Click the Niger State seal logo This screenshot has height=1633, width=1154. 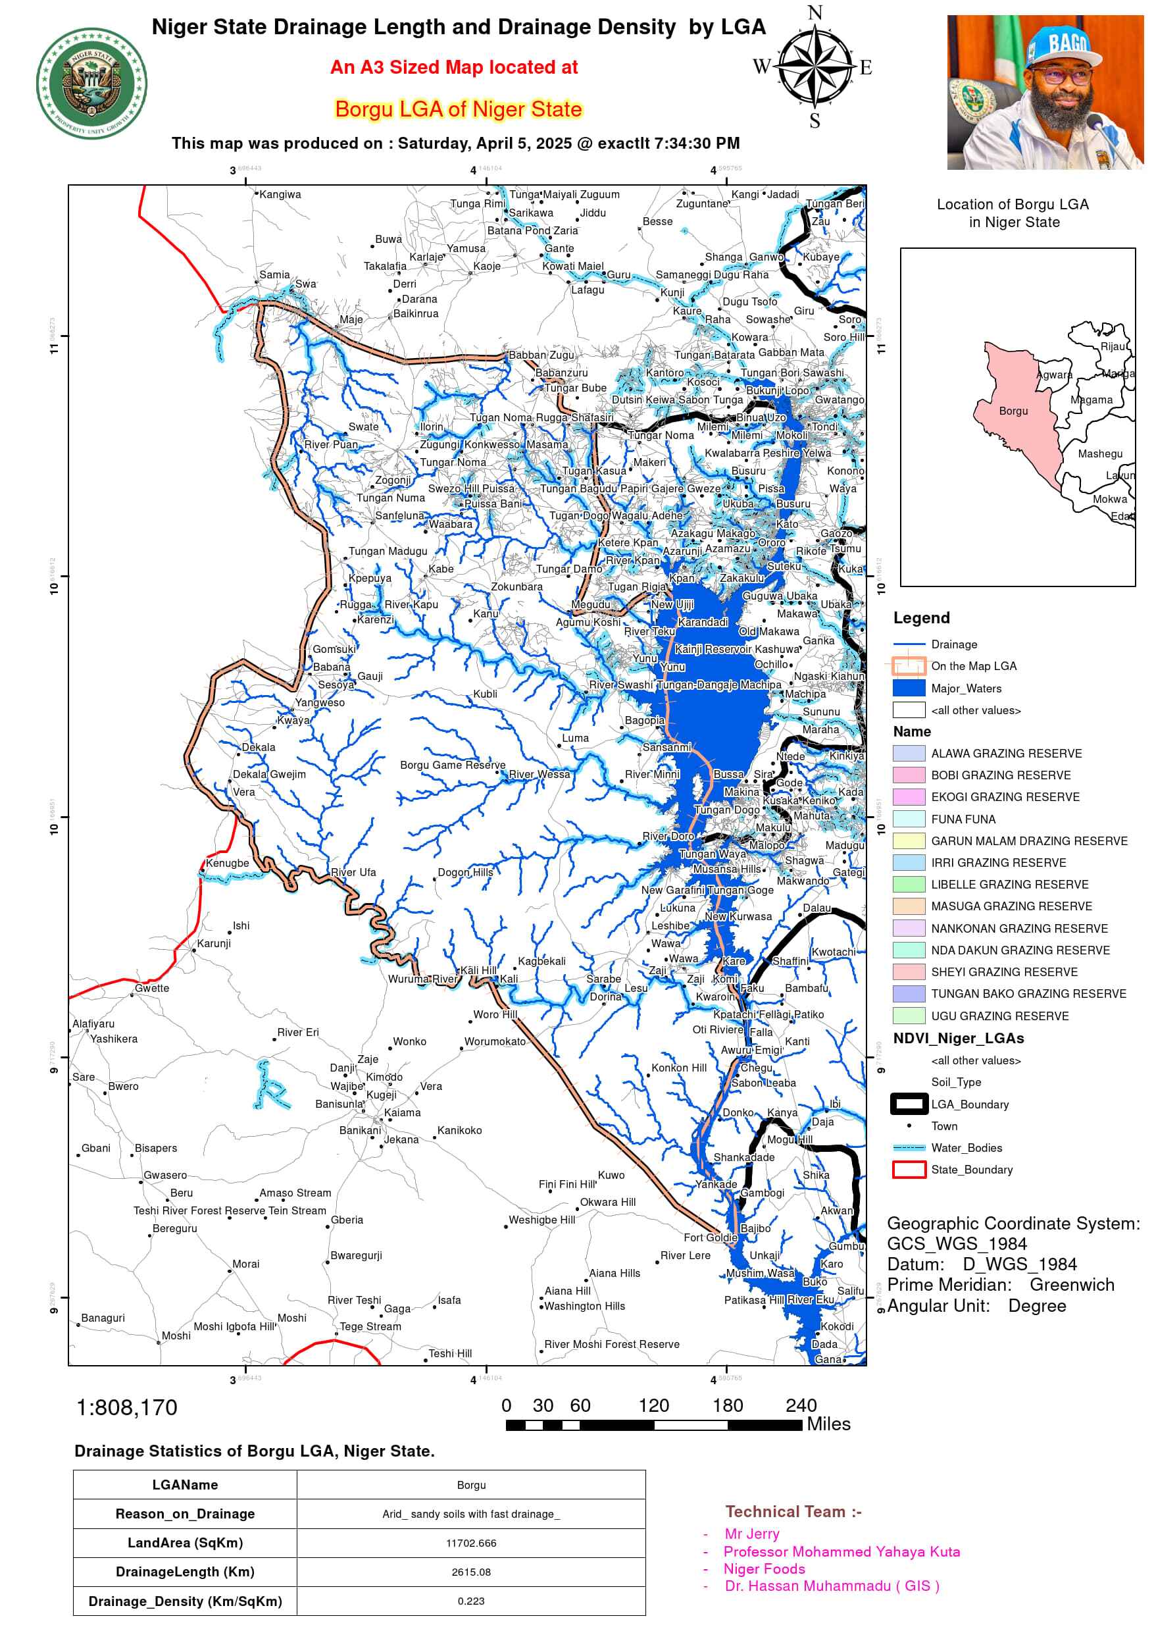pos(91,83)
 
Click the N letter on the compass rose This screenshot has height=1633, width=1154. pos(815,13)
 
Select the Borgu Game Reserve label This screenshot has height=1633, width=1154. pos(452,765)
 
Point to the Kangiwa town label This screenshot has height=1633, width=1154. pos(280,194)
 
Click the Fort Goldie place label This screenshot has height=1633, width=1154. pos(710,1237)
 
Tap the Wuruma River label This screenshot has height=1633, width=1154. pos(423,979)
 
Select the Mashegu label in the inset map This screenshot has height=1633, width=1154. pos(1100,454)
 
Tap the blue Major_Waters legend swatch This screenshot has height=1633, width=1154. pos(909,688)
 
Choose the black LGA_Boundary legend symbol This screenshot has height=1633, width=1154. pos(909,1104)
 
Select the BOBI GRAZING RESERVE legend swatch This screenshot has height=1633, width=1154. pos(909,775)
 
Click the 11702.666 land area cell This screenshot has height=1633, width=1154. pos(470,1543)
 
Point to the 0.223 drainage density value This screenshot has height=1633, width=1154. pos(470,1601)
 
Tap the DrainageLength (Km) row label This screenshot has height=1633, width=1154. pos(185,1572)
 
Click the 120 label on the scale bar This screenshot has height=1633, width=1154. pos(653,1405)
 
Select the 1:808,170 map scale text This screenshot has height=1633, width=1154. pos(126,1407)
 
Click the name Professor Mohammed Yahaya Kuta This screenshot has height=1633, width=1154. pos(841,1551)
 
